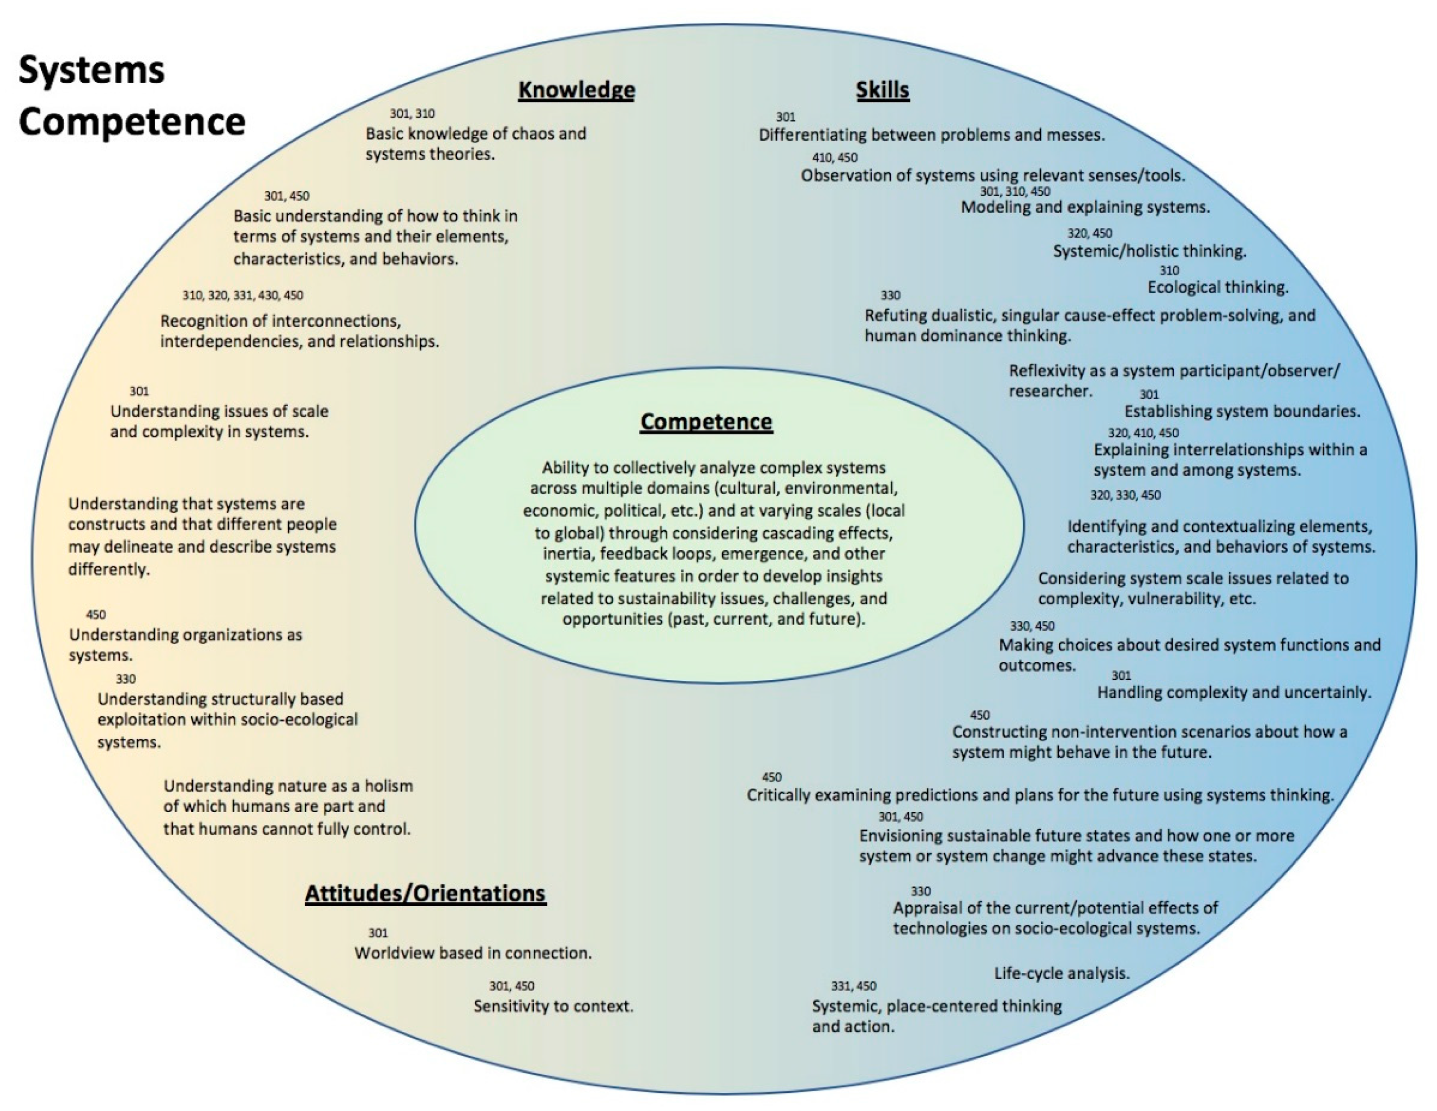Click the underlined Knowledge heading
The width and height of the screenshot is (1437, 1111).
(576, 90)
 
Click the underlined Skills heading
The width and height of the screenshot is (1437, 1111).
(882, 90)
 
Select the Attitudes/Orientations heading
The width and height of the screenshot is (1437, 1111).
(425, 893)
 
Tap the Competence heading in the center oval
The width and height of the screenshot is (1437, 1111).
(706, 422)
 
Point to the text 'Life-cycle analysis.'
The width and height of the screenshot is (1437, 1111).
(1061, 973)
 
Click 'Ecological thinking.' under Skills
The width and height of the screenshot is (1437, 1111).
(1218, 287)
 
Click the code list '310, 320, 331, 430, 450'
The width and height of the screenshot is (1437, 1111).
(243, 295)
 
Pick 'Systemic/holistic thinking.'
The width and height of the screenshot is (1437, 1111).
(1149, 251)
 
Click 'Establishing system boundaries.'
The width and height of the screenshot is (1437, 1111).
(1241, 411)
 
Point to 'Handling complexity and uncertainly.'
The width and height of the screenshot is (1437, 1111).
(1234, 692)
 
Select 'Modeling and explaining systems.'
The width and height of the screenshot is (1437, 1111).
(1085, 207)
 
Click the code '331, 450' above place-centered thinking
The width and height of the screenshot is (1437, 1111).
(854, 986)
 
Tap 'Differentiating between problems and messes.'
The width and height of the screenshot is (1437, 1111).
(932, 135)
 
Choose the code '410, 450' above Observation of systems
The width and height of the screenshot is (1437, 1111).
(834, 157)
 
